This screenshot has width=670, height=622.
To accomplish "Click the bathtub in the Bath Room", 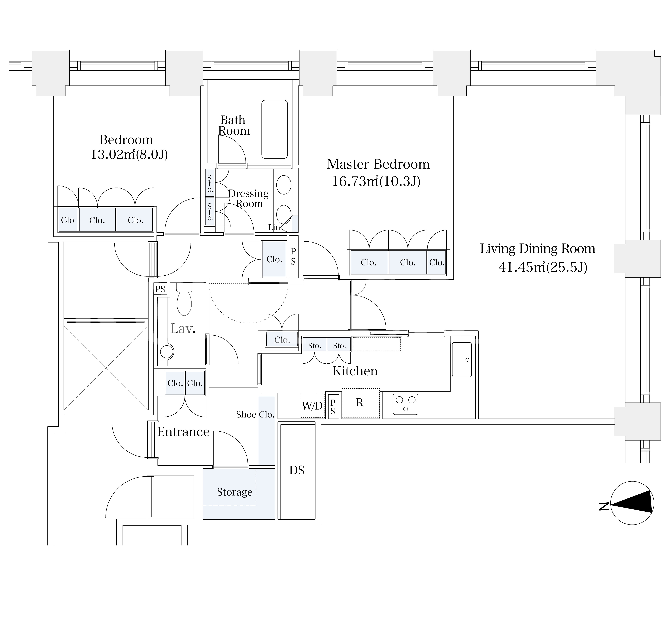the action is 274,129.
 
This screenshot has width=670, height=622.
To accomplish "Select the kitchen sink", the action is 462,359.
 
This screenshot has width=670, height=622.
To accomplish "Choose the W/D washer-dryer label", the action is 312,406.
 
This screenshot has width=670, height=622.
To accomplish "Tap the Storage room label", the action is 235,492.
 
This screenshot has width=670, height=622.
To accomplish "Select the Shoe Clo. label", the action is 255,414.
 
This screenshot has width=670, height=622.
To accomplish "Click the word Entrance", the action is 183,432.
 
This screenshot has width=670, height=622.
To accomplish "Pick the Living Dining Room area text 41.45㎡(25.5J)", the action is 543,267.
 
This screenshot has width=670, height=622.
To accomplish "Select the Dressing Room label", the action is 249,198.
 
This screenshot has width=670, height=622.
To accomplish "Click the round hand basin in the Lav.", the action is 167,352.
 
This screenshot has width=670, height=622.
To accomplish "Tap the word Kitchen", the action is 355,371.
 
